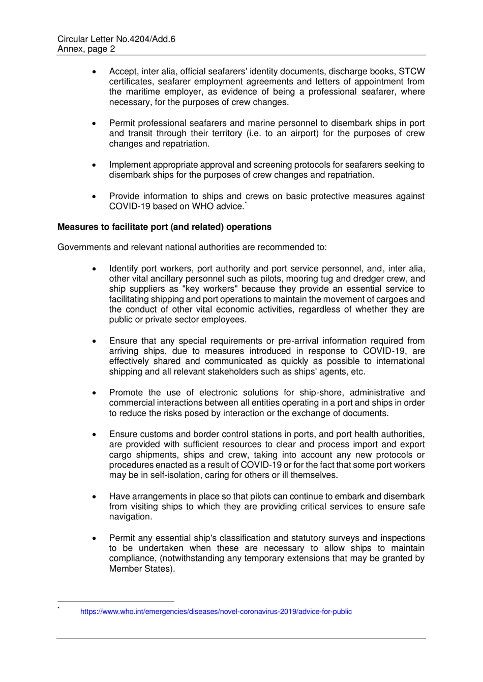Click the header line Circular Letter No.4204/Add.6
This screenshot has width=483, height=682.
[116, 39]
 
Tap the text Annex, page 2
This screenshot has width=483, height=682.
[86, 49]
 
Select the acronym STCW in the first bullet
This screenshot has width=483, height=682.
[411, 72]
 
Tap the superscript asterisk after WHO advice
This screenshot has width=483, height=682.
[246, 203]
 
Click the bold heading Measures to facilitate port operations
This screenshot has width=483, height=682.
[164, 227]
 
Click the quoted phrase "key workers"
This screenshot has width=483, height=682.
[210, 289]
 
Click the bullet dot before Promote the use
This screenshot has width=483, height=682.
[95, 393]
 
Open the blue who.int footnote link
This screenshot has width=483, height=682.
[216, 612]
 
